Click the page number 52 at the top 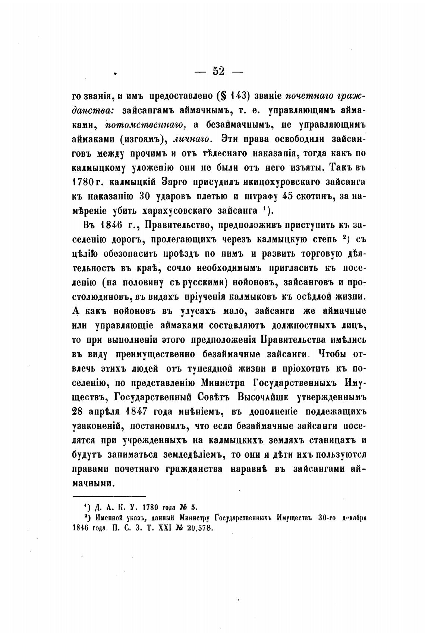(218, 71)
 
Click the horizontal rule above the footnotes (109, 496)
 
